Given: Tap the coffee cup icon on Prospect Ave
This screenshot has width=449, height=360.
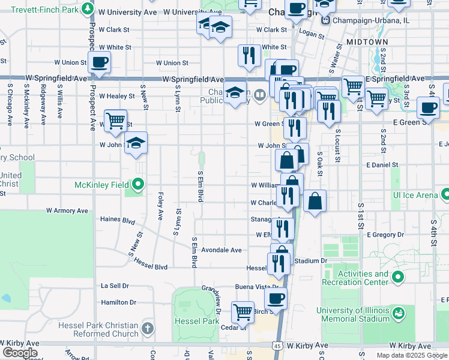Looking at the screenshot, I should (x=99, y=62).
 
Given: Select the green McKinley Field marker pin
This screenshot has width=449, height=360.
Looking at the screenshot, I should (x=138, y=184).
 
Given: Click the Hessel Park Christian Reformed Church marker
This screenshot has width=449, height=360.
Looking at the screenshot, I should (x=148, y=329).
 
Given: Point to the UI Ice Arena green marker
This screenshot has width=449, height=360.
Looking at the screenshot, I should (x=445, y=195).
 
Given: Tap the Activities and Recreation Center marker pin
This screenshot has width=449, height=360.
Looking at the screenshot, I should (x=398, y=277).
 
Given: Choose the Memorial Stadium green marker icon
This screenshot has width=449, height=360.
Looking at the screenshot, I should (x=398, y=313).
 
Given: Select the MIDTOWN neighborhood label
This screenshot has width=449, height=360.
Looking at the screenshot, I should (x=367, y=41).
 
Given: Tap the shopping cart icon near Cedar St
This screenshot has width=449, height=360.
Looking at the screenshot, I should (x=243, y=312).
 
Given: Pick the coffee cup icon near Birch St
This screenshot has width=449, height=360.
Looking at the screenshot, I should (x=276, y=298).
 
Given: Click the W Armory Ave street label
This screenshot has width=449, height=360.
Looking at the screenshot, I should (x=67, y=211).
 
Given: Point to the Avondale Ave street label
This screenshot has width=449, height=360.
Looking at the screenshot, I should (x=221, y=250).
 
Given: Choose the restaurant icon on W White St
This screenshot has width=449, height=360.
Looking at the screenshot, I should (x=249, y=56).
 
